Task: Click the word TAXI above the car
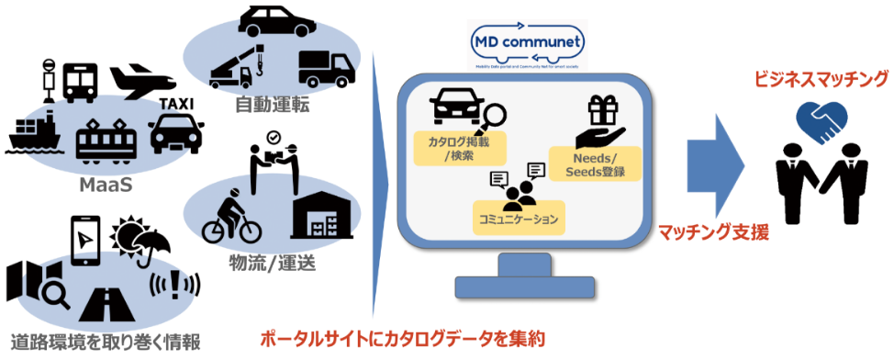click(x=177, y=104)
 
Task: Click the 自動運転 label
click(x=271, y=105)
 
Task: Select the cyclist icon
click(x=232, y=216)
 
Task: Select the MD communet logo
click(x=527, y=44)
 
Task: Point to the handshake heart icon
click(x=822, y=121)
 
